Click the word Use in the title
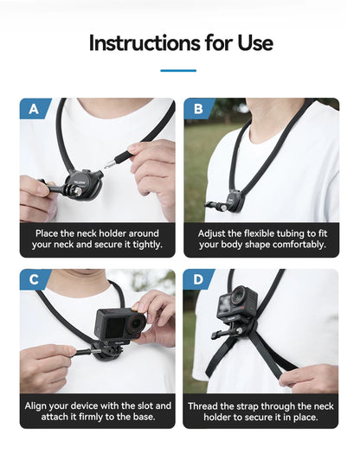click(x=253, y=42)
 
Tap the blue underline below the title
click(x=179, y=70)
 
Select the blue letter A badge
click(x=34, y=110)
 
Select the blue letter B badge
click(x=198, y=110)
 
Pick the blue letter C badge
click(x=34, y=280)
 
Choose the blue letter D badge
click(x=198, y=280)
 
